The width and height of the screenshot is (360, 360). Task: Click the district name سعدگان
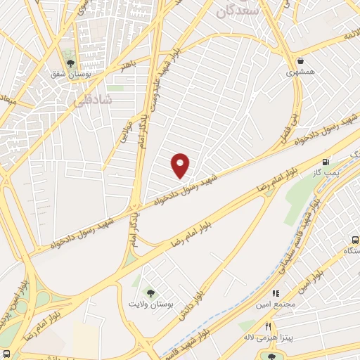238,11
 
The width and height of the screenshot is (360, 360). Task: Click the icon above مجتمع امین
276,291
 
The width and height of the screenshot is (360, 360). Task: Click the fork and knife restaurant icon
268,326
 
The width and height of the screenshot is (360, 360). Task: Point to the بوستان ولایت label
151,304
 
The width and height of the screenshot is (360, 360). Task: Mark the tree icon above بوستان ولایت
149,292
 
